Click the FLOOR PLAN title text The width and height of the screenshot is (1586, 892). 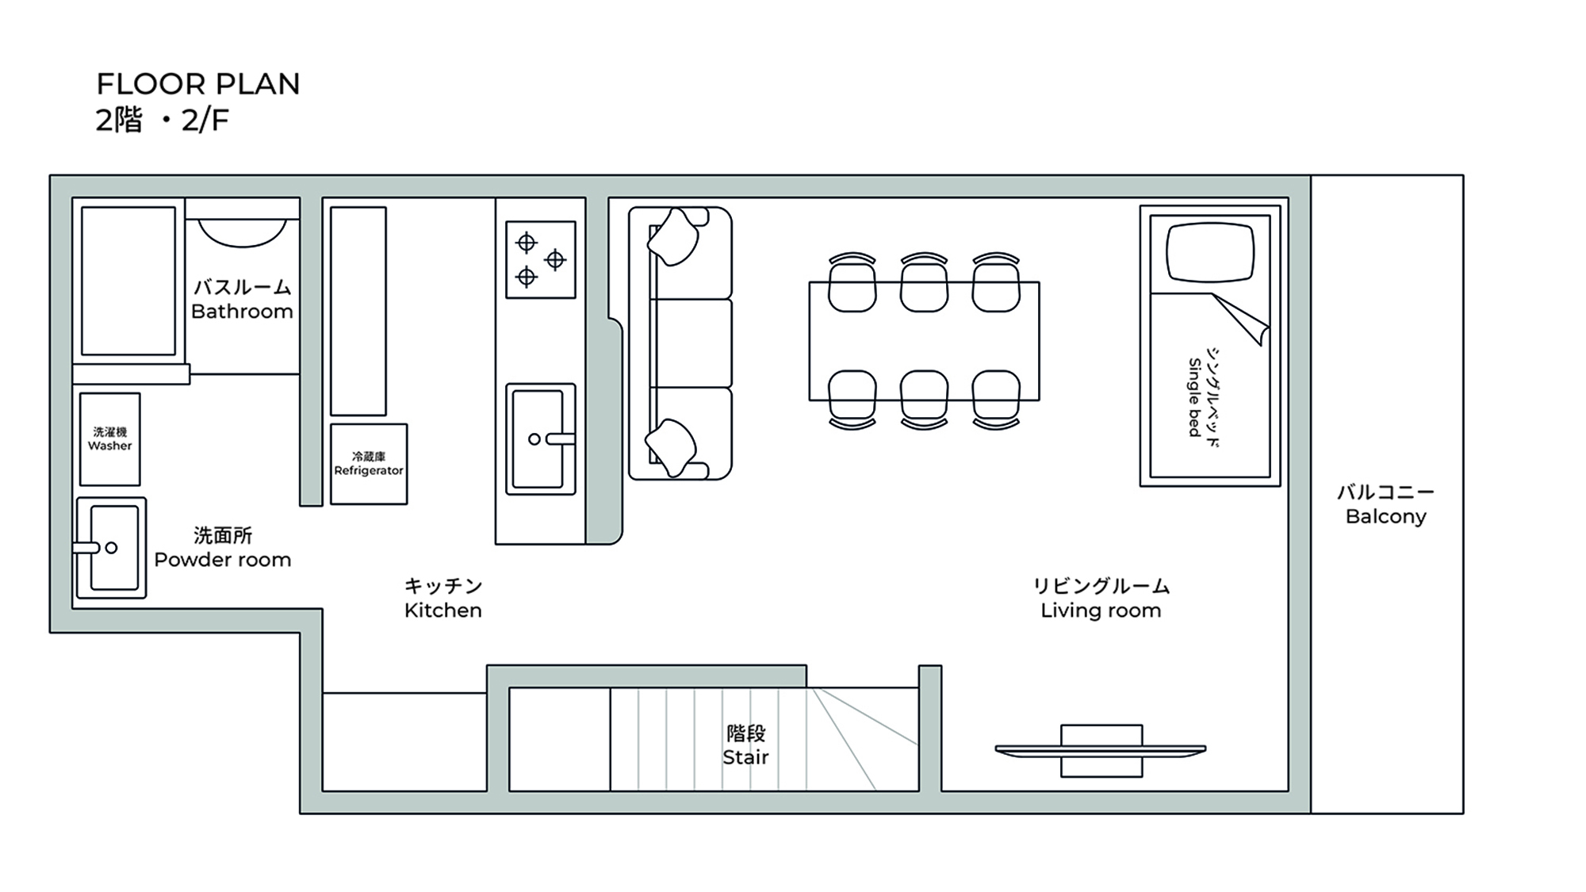coord(198,84)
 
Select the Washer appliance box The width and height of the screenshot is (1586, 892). coord(110,438)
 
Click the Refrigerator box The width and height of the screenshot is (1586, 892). coord(369,464)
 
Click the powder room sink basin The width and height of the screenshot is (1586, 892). coord(114,548)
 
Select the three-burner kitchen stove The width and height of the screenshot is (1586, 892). coord(541,259)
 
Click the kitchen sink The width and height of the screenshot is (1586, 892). coord(539,438)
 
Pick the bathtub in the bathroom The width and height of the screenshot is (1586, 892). coord(128,281)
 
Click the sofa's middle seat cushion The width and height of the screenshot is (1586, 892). coord(690,343)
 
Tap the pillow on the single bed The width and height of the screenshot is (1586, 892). coord(1210,252)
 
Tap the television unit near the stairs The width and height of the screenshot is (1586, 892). coord(1101,750)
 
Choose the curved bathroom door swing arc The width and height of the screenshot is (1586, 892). coord(242,235)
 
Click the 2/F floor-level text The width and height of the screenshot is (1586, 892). coord(205,121)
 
